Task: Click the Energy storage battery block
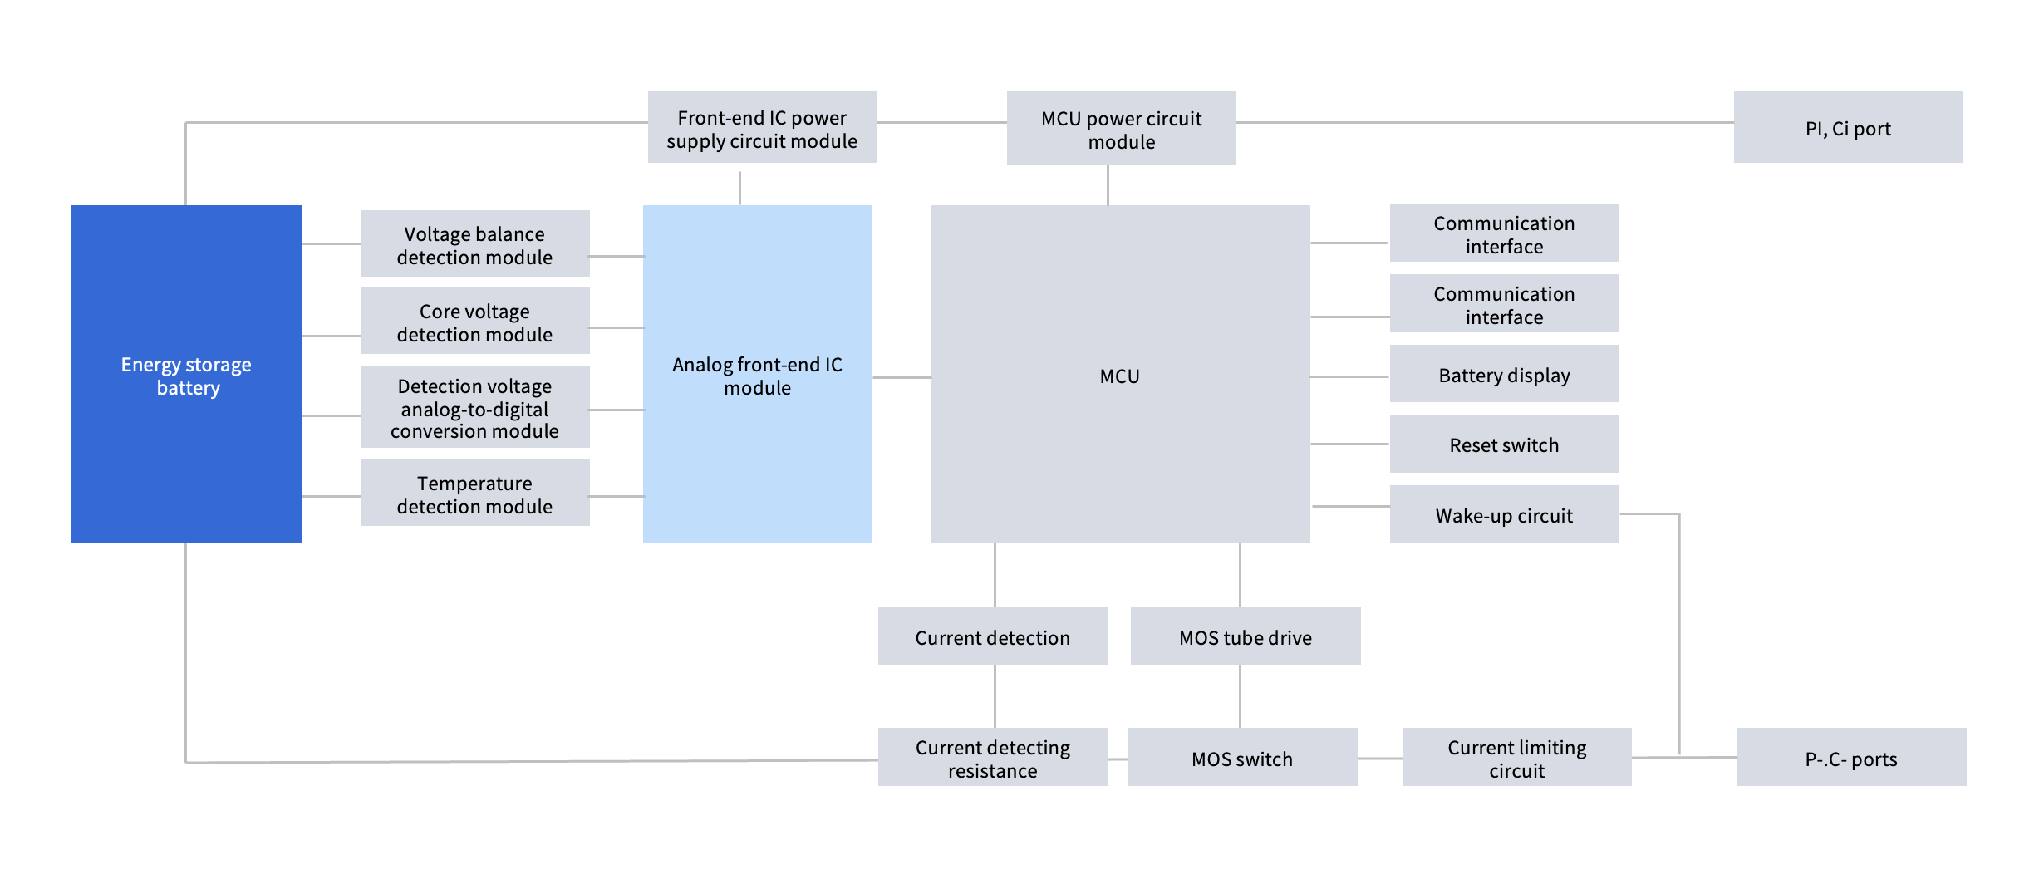coord(186,374)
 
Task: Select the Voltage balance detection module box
coord(474,243)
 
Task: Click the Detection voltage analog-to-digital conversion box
coord(474,407)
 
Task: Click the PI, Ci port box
coord(1848,127)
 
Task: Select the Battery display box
coord(1504,374)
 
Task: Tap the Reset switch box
coord(1504,444)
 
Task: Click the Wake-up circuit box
coord(1504,514)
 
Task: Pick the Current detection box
coord(992,636)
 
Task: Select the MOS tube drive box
coord(1245,636)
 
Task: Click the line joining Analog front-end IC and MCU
coord(902,377)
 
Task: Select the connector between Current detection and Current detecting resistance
coord(995,696)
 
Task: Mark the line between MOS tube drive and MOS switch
coord(1240,696)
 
